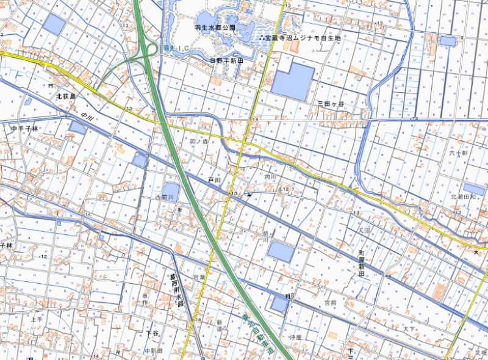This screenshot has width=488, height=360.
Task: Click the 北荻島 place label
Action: [65, 96]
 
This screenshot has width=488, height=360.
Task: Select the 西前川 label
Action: [165, 197]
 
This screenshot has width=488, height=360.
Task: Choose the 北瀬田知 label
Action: [463, 197]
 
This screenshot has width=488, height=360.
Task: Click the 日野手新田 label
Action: [226, 61]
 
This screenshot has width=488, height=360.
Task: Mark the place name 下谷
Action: [152, 333]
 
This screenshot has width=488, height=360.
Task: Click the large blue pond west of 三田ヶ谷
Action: [293, 82]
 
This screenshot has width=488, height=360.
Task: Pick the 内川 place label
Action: [270, 177]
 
